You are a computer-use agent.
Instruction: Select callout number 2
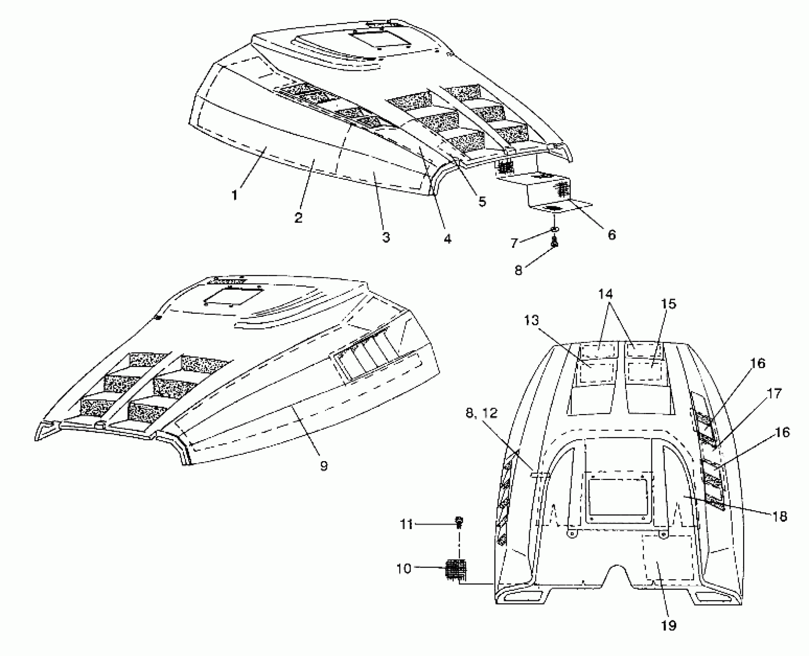[x=298, y=217]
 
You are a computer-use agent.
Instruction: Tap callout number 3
[x=386, y=237]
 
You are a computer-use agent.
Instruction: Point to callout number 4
[x=447, y=239]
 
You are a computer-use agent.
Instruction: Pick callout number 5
[x=482, y=201]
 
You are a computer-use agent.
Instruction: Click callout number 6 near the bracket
[x=612, y=234]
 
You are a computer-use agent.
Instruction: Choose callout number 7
[x=514, y=243]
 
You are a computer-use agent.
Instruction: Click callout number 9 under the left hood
[x=324, y=466]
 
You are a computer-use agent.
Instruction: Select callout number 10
[x=404, y=568]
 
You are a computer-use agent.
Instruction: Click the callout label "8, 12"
[x=482, y=413]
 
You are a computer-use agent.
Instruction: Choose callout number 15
[x=669, y=304]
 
